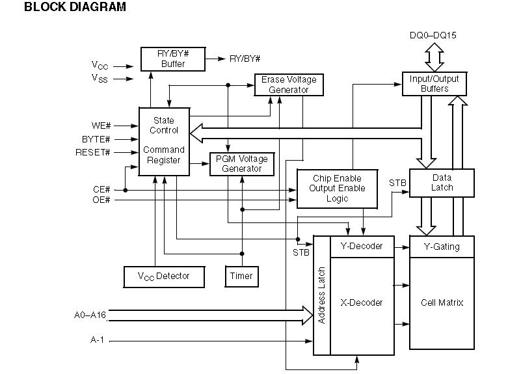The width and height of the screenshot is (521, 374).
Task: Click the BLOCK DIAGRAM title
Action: tap(66, 8)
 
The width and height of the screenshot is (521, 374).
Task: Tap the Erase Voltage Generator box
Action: tap(289, 85)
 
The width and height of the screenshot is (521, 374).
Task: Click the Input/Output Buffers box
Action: tap(434, 84)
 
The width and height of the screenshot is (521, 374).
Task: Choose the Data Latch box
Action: tap(442, 182)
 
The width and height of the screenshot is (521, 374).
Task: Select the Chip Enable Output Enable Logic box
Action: tap(337, 189)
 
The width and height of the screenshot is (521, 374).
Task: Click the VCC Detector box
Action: tap(164, 276)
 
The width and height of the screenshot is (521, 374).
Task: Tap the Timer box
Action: tap(241, 276)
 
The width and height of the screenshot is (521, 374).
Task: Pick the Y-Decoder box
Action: tap(362, 247)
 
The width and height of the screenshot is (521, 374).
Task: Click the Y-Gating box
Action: tap(442, 247)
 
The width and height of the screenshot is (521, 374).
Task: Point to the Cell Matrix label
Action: tap(442, 302)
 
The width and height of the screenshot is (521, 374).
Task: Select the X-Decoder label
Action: tap(362, 302)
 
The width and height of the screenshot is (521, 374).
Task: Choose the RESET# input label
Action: tap(96, 153)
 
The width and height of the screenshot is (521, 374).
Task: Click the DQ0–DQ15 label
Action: tap(434, 36)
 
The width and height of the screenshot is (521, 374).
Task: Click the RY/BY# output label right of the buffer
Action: tap(245, 59)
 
